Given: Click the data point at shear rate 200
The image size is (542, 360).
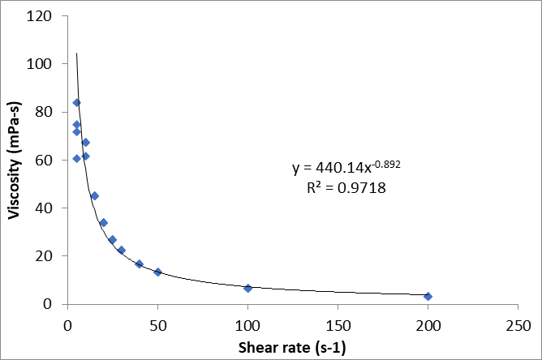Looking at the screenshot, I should (428, 296).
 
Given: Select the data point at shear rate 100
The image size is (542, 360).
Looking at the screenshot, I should (248, 288).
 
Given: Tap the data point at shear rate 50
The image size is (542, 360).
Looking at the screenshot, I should (158, 272).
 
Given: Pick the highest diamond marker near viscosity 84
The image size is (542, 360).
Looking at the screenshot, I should (76, 103).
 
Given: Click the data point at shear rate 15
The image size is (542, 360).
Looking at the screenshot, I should (94, 195).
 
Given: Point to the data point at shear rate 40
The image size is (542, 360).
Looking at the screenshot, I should (140, 264).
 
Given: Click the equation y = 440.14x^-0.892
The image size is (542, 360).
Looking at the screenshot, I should (346, 168).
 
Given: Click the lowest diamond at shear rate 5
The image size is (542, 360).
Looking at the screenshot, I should (76, 158).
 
